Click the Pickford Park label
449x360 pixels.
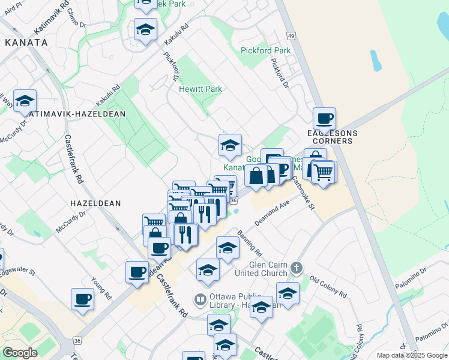point(265,50)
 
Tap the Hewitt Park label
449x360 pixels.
point(200,89)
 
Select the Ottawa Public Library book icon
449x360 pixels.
point(200,298)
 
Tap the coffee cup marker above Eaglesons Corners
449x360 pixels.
point(324,118)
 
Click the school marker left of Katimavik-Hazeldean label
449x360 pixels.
point(25,100)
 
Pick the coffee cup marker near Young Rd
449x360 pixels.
point(82,298)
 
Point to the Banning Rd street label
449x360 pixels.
point(249,241)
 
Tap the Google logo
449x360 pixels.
point(20,353)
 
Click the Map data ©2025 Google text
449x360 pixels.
point(411,355)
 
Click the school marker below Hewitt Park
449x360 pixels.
point(230,145)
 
